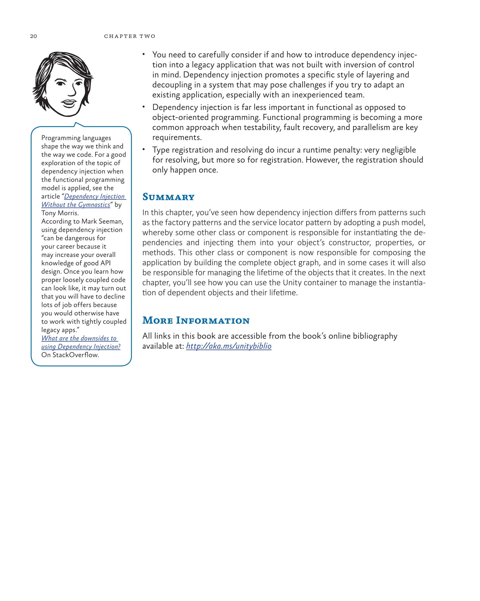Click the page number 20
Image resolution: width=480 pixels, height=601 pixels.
click(33, 36)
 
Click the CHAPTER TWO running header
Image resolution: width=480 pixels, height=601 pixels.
click(130, 36)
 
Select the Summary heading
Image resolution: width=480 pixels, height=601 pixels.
click(168, 197)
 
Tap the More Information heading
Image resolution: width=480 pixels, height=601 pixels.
click(196, 320)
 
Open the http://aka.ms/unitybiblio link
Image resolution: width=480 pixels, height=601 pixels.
click(229, 346)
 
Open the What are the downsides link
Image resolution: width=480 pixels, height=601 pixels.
click(79, 338)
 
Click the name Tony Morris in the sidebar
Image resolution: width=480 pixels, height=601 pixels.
click(60, 213)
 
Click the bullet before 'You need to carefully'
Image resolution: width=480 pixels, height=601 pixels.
click(144, 54)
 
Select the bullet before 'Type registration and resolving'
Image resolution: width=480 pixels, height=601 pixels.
click(144, 149)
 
